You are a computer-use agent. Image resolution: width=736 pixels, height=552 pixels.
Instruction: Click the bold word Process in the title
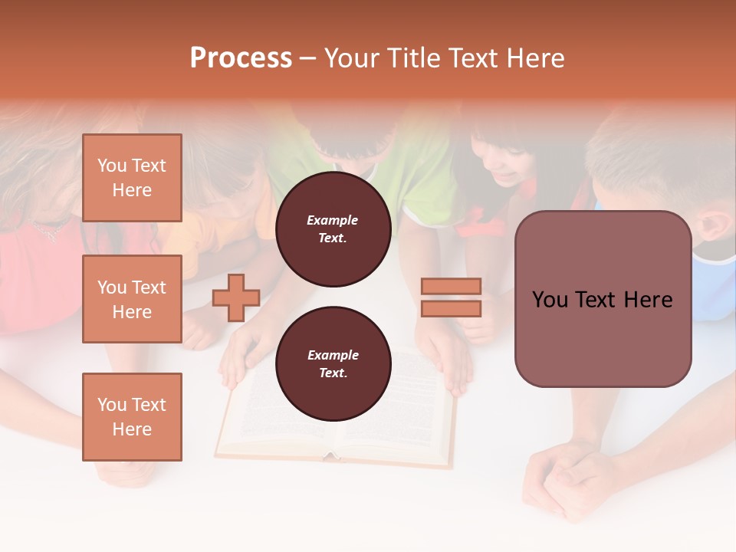[241, 58]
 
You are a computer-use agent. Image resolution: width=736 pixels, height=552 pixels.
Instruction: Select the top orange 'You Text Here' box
[132, 178]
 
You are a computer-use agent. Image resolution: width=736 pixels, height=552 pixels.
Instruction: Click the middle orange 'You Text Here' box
[132, 299]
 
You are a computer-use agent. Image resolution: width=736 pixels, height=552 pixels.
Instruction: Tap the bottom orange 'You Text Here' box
[132, 416]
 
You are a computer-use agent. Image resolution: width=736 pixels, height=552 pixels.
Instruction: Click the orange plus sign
[236, 297]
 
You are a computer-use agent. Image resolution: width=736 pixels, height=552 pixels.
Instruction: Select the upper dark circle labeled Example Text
[333, 229]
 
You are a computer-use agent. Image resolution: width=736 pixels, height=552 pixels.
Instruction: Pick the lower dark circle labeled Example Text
[333, 363]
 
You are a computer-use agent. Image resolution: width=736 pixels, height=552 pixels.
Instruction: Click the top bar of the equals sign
[451, 286]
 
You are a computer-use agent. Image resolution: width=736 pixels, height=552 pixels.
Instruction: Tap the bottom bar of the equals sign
[451, 308]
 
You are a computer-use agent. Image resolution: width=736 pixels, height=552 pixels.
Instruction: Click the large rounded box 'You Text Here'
[603, 299]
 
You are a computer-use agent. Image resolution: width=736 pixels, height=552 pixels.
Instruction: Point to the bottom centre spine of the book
[331, 455]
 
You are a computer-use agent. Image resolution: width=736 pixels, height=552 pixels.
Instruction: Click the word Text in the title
[472, 58]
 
